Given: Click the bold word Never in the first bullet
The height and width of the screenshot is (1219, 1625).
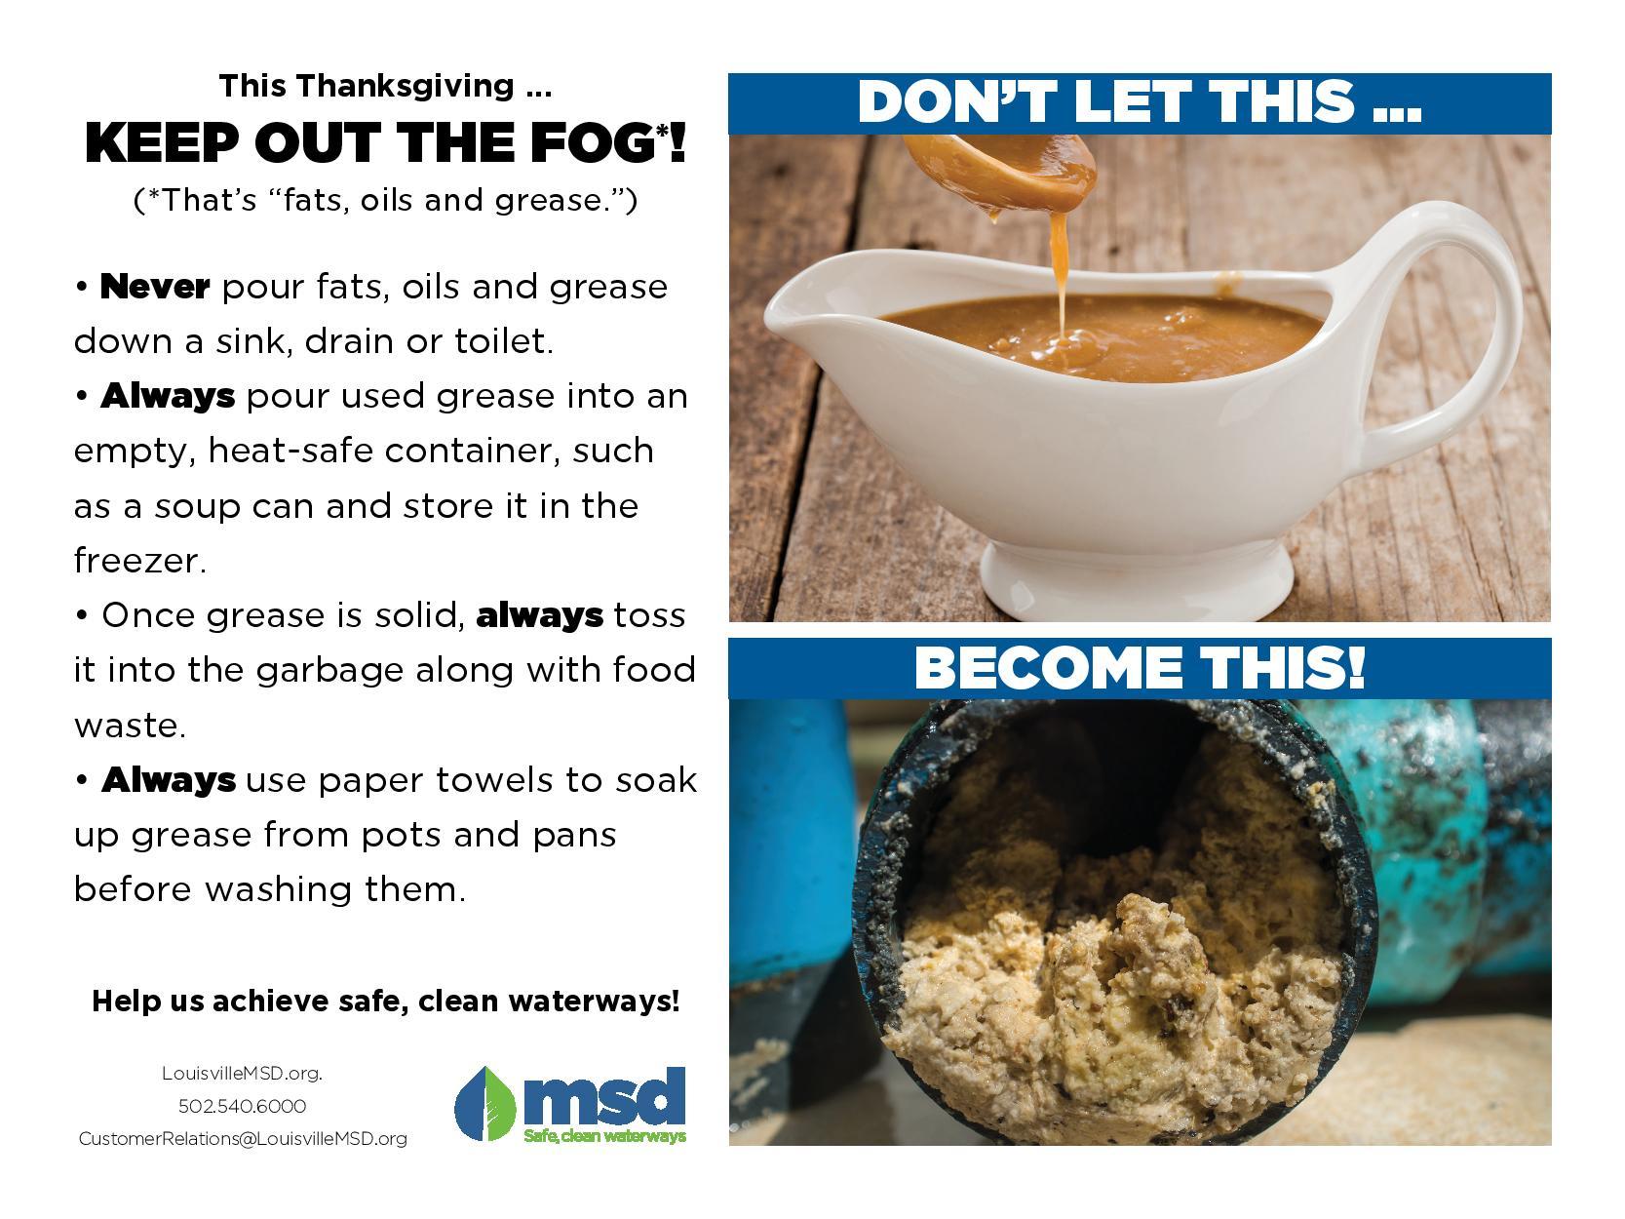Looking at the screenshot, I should [155, 287].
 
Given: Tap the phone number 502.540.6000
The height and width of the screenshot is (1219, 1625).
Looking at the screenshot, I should [242, 1106].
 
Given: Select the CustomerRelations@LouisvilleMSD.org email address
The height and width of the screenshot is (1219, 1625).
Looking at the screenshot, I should [243, 1139].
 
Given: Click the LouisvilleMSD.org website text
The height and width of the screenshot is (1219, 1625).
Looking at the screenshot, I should [242, 1074].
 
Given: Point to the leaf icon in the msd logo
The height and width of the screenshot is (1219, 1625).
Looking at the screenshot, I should [485, 1104].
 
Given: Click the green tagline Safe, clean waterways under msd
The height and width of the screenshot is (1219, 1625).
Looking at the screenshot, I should [604, 1136].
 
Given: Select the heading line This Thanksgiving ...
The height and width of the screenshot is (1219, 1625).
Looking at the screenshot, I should [385, 86].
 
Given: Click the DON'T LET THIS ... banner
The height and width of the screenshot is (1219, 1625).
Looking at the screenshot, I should [1139, 102].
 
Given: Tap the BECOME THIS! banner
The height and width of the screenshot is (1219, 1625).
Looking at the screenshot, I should [1139, 668].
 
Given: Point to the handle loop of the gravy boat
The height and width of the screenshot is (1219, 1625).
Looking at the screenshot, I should [1462, 312].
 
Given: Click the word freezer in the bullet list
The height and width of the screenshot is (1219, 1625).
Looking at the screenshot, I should [137, 561].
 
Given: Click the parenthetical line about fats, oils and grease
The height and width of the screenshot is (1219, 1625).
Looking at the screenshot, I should [385, 200].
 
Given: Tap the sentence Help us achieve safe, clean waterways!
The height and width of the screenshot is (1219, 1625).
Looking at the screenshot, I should [385, 1002].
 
